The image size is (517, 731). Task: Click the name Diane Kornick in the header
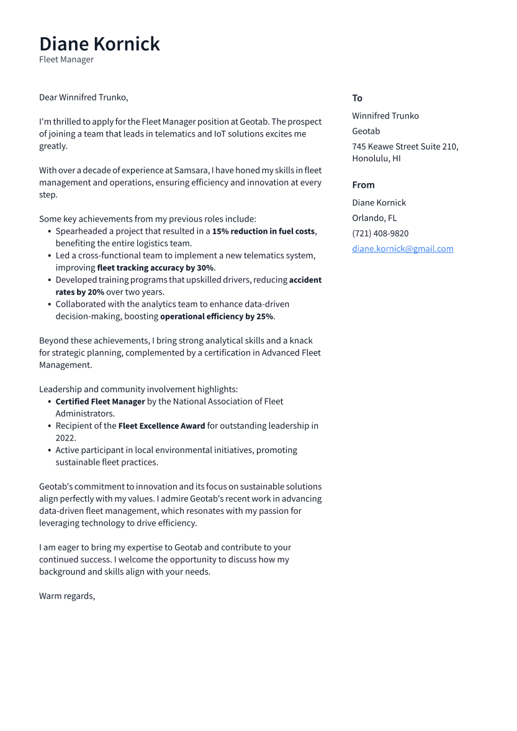(x=99, y=44)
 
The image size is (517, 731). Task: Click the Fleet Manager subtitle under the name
(x=66, y=60)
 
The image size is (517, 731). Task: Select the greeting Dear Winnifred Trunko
(x=83, y=97)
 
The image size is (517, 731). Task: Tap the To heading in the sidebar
(x=357, y=98)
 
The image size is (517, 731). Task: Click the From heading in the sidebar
(x=363, y=185)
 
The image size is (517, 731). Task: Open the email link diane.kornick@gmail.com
(x=402, y=249)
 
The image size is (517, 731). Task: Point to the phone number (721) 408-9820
(x=380, y=233)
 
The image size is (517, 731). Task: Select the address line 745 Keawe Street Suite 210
(x=405, y=146)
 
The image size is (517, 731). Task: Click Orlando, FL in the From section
(x=374, y=218)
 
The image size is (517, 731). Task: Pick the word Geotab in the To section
(x=366, y=131)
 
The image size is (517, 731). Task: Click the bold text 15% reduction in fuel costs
(x=263, y=231)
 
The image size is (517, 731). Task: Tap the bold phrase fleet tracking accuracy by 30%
(x=155, y=268)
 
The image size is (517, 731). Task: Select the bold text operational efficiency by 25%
(x=217, y=316)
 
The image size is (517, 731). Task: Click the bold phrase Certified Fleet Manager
(x=100, y=401)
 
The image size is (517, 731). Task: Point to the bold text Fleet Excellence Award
(x=161, y=426)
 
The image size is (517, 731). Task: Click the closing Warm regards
(x=67, y=596)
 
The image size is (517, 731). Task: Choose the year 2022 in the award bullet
(x=65, y=438)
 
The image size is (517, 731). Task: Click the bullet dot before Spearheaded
(x=49, y=231)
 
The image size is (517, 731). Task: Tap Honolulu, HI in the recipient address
(x=376, y=158)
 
